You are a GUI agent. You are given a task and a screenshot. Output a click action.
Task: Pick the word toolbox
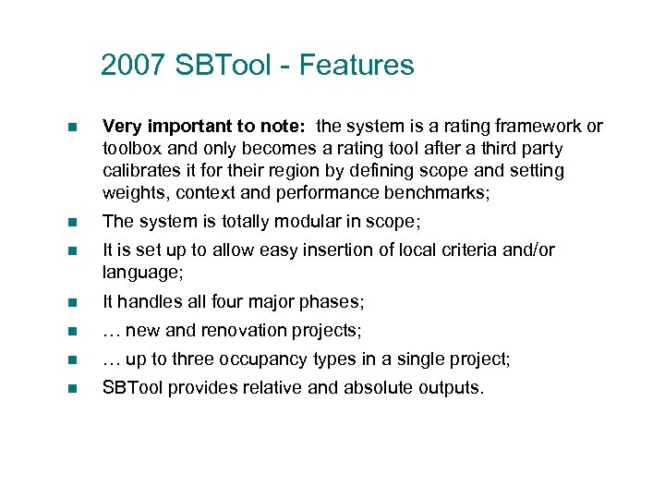(x=132, y=148)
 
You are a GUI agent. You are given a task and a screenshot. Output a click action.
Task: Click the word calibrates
(x=140, y=170)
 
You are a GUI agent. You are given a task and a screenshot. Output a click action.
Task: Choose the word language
(x=139, y=273)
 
